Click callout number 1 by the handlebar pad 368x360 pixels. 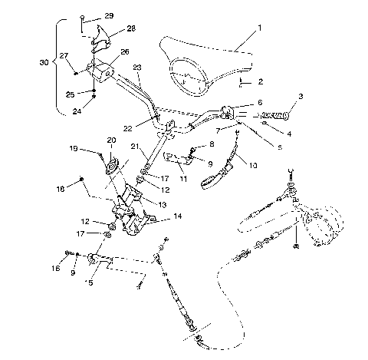click(x=259, y=28)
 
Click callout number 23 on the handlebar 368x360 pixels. click(x=137, y=67)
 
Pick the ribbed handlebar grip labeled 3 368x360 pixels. click(x=278, y=116)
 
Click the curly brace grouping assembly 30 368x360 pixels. click(x=56, y=66)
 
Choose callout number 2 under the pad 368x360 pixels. click(x=261, y=81)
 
